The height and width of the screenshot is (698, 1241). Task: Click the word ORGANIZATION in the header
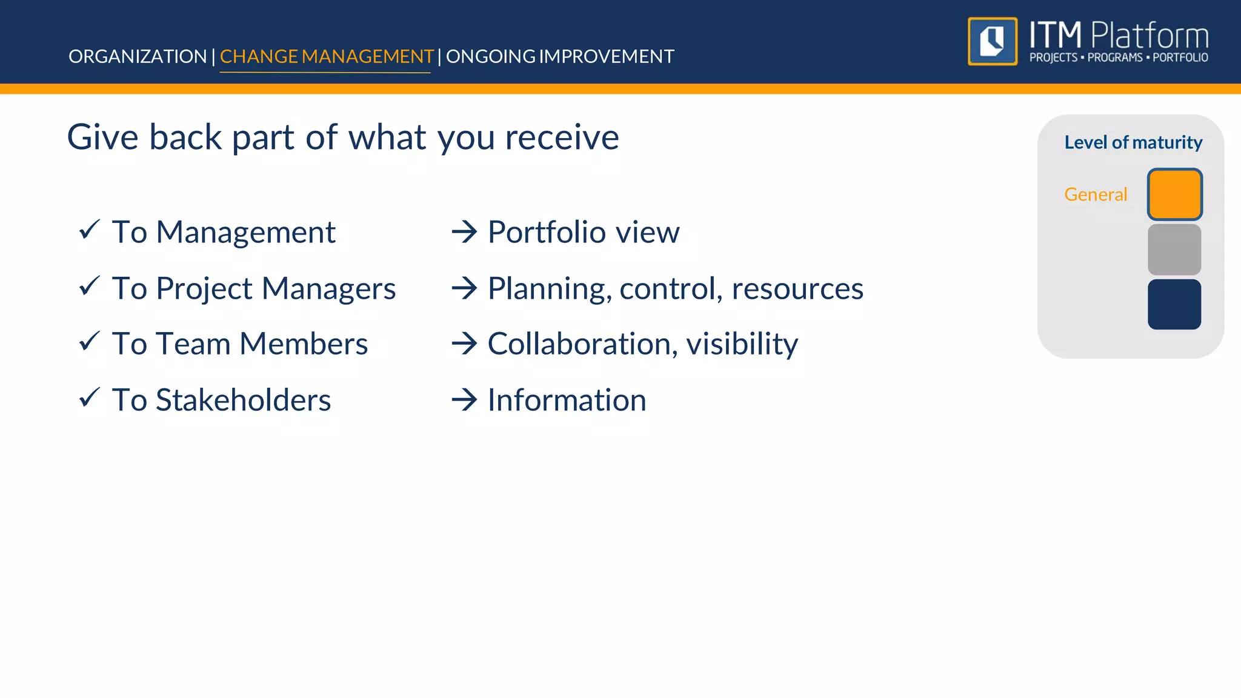click(x=138, y=56)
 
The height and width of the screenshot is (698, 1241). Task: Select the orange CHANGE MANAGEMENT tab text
click(x=326, y=56)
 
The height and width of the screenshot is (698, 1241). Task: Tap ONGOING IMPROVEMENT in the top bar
click(x=560, y=56)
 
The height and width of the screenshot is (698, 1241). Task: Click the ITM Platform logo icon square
click(x=993, y=41)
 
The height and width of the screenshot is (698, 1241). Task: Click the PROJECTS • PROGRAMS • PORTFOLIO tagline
click(x=1119, y=58)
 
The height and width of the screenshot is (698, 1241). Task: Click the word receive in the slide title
click(x=562, y=137)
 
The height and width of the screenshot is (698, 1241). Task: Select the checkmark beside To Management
click(x=90, y=230)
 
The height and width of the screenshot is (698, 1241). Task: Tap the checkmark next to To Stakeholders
click(x=90, y=397)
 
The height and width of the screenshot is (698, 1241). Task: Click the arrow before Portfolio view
click(x=465, y=232)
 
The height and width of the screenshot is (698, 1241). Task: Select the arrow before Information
click(x=465, y=400)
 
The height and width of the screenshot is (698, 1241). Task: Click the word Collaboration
click(x=579, y=344)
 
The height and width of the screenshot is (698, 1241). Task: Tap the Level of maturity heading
click(x=1133, y=142)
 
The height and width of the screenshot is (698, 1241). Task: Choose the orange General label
click(x=1096, y=194)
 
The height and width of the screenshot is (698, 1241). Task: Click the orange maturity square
click(x=1174, y=194)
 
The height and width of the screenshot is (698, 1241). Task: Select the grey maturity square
click(x=1174, y=250)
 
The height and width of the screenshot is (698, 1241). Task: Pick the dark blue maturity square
click(x=1174, y=304)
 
